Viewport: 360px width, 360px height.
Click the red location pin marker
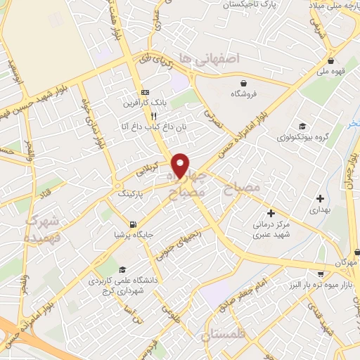tap(181, 165)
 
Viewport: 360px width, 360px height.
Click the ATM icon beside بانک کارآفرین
tap(146, 92)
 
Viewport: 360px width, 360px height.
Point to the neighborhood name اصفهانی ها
tap(210, 58)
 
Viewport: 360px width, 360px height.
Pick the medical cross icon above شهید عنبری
tap(271, 213)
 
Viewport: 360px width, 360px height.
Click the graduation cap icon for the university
tap(122, 269)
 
